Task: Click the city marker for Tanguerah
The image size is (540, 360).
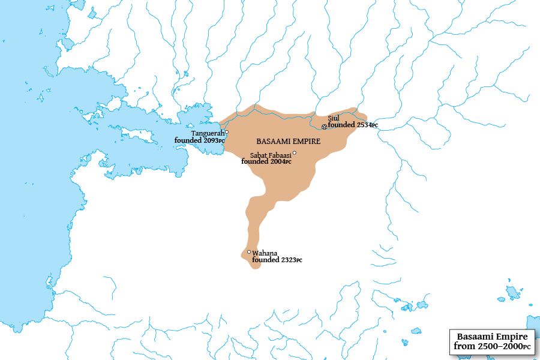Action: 227,132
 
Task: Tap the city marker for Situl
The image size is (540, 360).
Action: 325,127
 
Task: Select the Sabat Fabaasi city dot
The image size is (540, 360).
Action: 294,153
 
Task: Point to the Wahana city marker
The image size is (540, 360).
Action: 249,252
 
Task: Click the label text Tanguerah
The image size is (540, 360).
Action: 208,133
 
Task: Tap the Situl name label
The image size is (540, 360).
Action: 334,118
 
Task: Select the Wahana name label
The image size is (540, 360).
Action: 265,253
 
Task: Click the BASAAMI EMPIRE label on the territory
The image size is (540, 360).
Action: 288,142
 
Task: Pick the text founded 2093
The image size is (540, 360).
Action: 199,140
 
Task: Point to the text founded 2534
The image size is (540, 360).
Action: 353,125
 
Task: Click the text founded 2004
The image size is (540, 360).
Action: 266,161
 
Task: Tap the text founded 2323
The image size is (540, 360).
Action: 277,260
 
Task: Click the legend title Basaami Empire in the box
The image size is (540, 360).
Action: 492,337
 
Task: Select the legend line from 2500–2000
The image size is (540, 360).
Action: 492,346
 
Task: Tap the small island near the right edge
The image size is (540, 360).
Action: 513,292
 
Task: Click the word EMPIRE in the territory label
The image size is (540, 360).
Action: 305,142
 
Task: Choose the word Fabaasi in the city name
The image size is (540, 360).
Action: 280,155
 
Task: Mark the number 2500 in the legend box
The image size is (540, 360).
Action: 487,346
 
